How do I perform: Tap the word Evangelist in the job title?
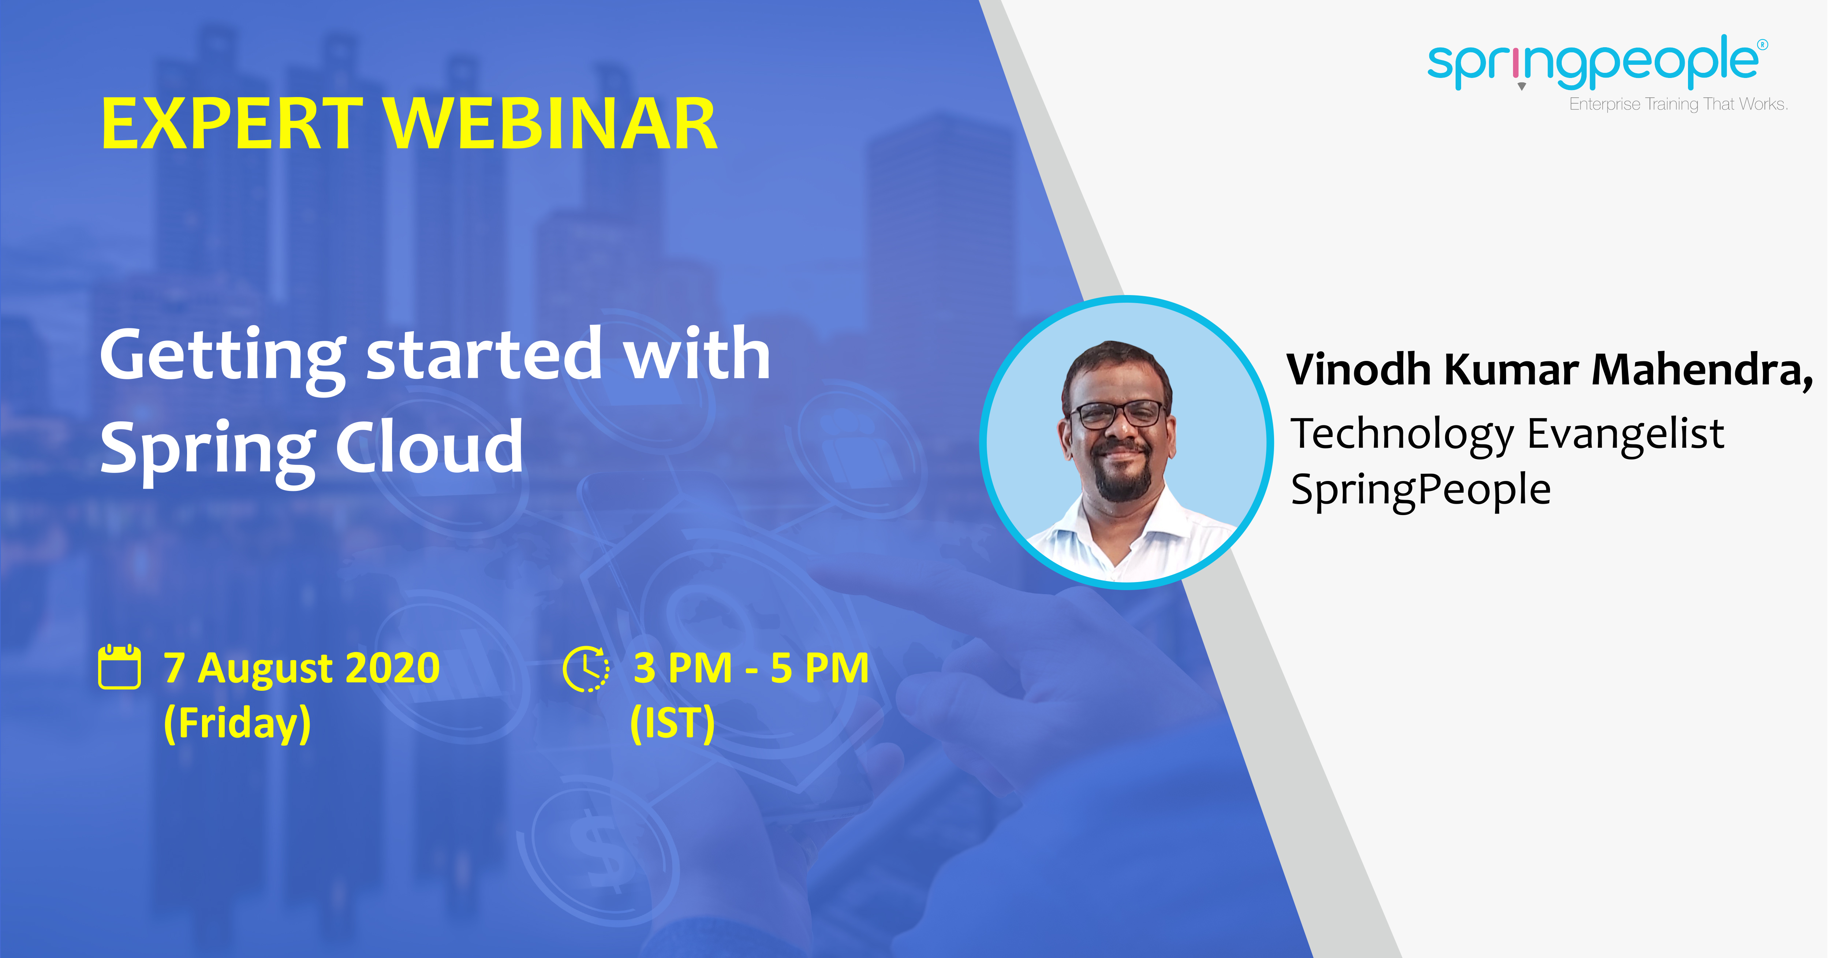click(x=1625, y=434)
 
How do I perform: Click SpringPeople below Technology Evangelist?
click(x=1421, y=491)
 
